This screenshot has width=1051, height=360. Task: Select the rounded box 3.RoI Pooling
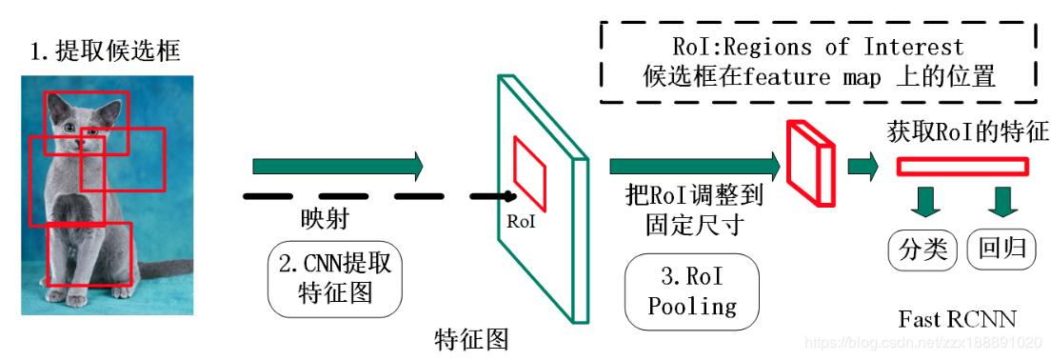pos(692,291)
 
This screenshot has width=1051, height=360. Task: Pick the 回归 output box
pos(1002,250)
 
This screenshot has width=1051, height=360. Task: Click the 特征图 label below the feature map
pos(471,338)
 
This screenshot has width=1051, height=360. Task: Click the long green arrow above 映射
pos(338,167)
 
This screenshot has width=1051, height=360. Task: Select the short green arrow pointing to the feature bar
pos(863,167)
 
